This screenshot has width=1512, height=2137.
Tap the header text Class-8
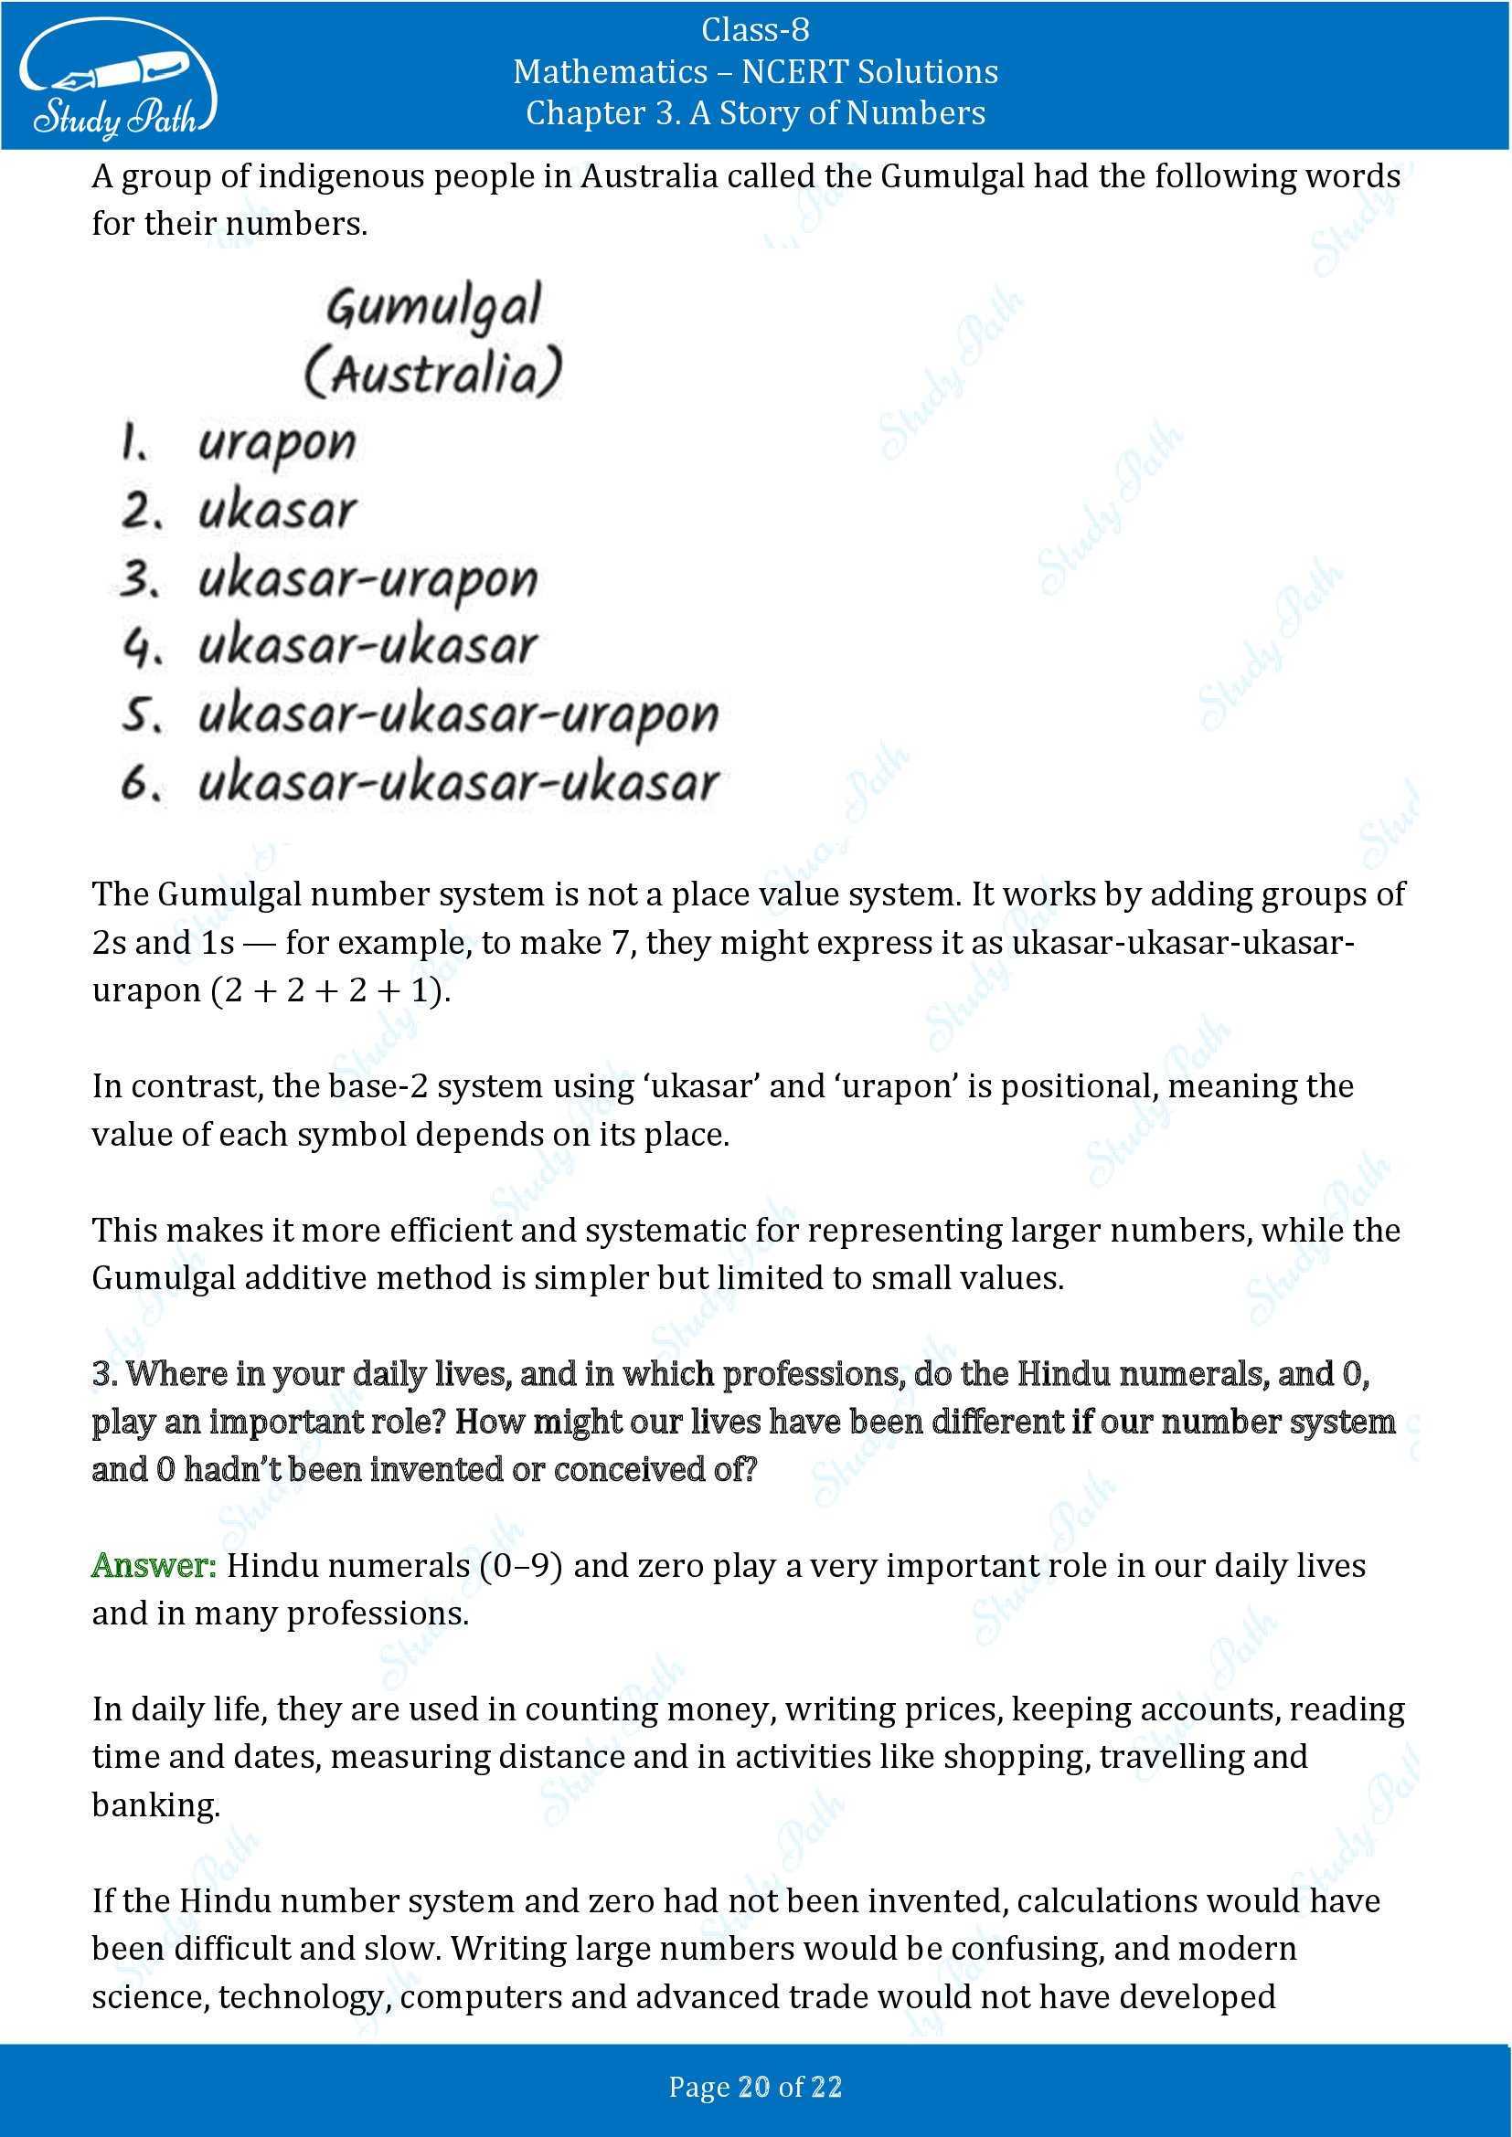pos(755,31)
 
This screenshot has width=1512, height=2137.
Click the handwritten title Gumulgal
pos(434,307)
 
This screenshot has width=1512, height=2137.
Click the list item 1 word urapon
pos(276,444)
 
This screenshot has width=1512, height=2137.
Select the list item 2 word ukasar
pos(276,511)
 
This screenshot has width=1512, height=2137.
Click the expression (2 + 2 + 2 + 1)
pos(332,989)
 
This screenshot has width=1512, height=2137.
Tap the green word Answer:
pos(154,1566)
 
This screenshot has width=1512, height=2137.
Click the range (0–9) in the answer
pos(520,1566)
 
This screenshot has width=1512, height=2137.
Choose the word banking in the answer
pos(155,1804)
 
